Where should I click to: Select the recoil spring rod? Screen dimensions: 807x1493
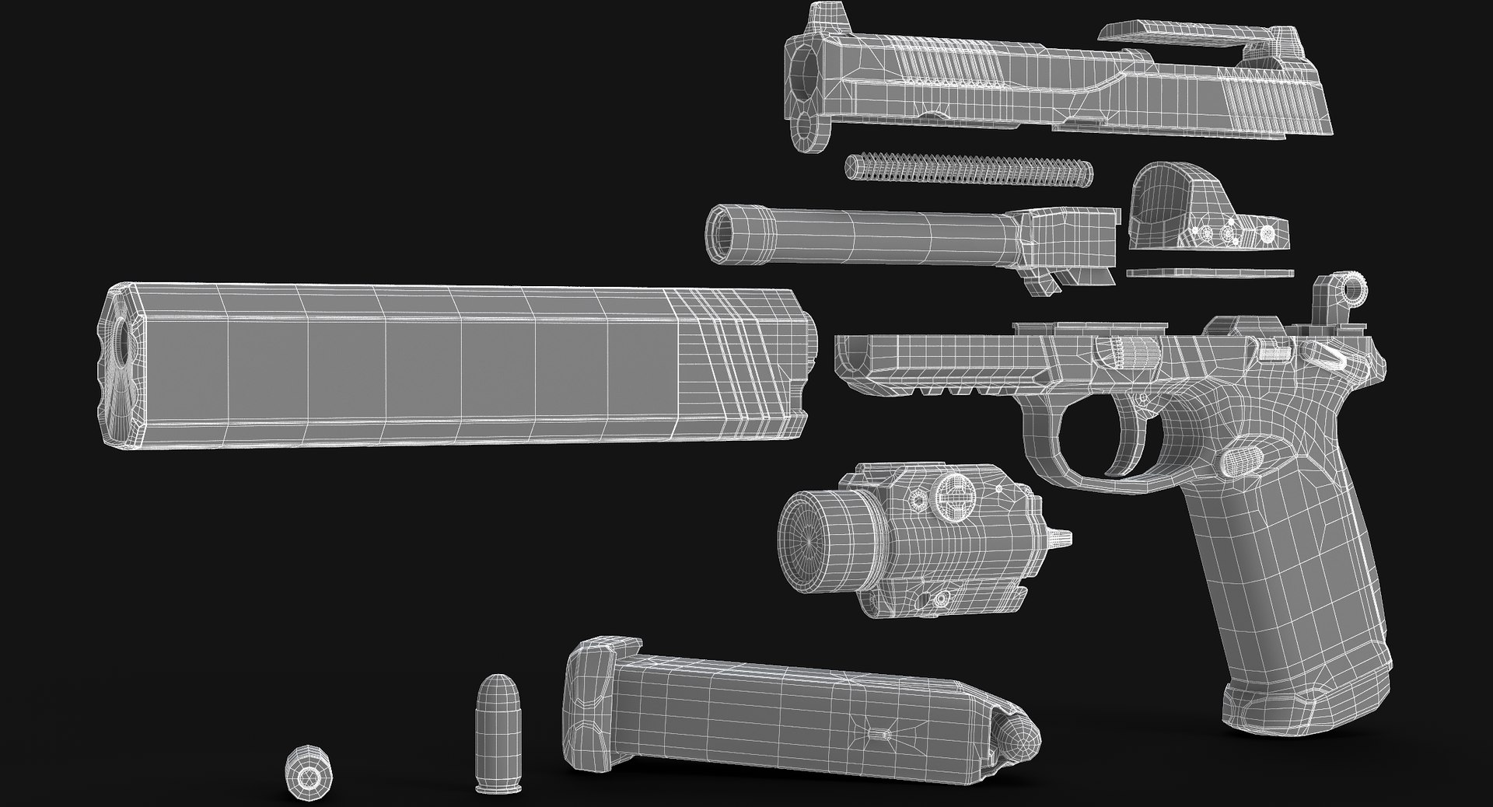click(x=968, y=170)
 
